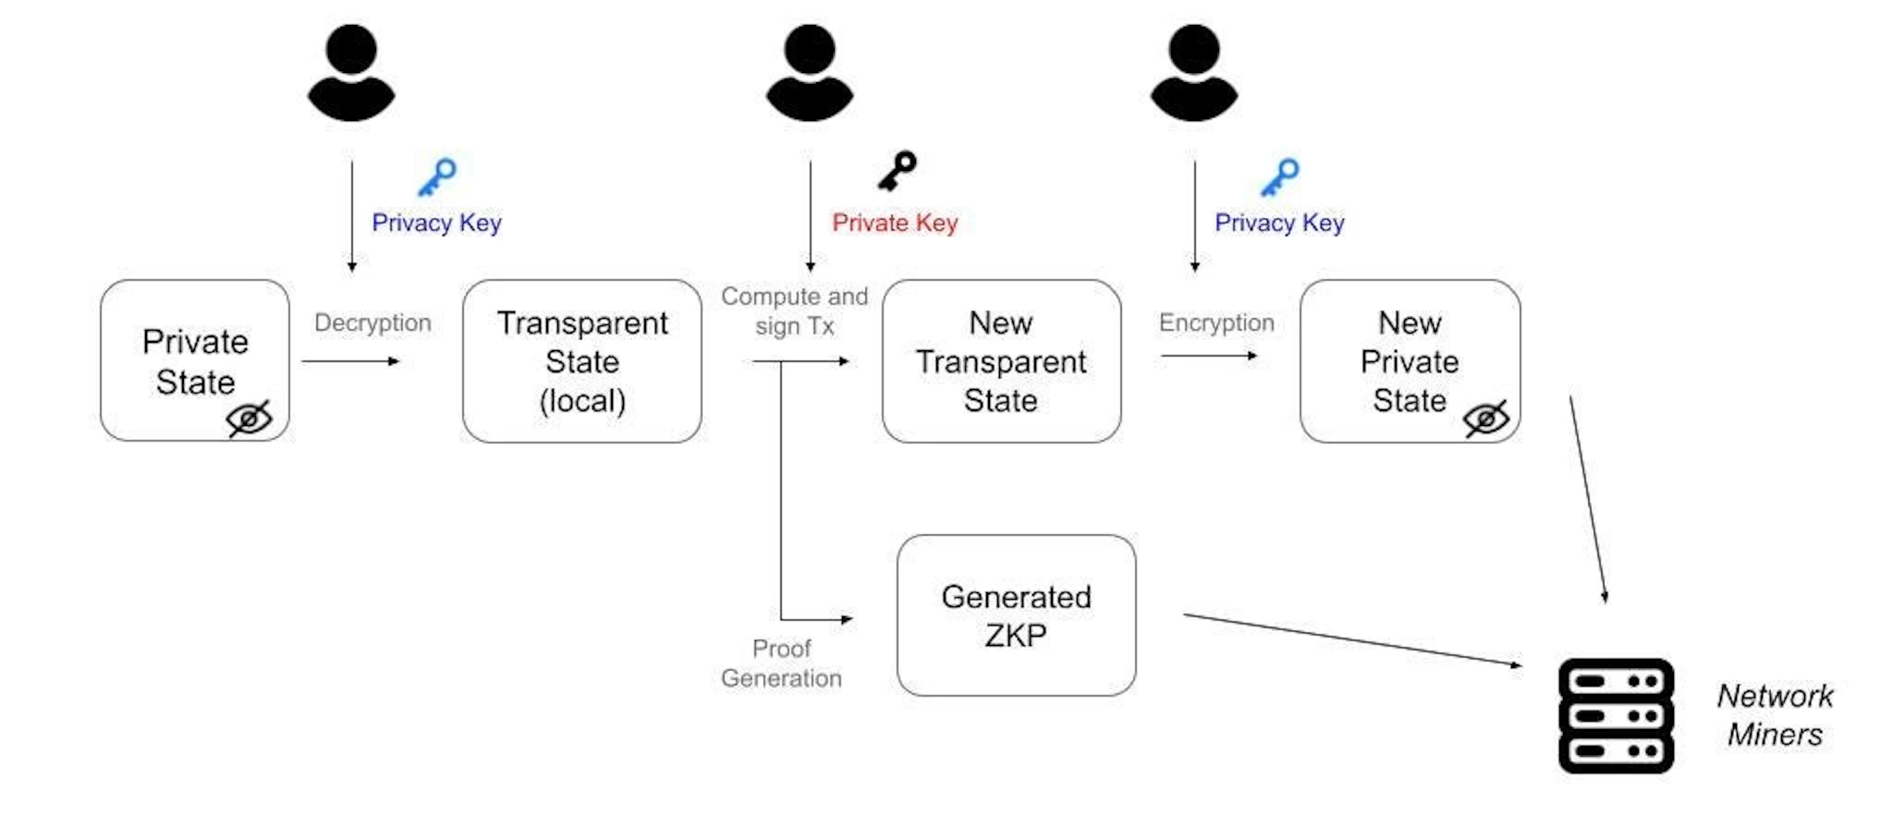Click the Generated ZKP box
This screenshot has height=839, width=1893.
(1016, 615)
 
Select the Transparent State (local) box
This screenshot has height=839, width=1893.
(581, 361)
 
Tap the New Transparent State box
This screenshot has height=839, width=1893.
(1001, 361)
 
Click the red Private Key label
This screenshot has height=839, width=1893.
(895, 223)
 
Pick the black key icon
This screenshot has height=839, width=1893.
(897, 171)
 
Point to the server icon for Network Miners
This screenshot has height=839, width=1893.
(1616, 715)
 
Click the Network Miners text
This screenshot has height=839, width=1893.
(1775, 714)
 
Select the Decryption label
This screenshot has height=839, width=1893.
(372, 322)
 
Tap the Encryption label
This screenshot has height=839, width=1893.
(1216, 322)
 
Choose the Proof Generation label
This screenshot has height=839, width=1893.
(781, 663)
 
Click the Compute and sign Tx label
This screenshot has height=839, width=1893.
(795, 310)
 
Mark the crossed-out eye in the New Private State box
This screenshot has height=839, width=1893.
(1486, 419)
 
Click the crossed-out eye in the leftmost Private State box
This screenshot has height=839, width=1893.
(249, 419)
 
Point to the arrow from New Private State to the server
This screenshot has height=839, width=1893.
(1587, 499)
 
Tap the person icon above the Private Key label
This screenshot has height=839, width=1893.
(810, 72)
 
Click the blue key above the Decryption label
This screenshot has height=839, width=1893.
(436, 176)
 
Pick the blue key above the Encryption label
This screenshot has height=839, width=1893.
(1280, 176)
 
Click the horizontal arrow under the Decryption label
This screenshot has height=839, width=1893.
(350, 361)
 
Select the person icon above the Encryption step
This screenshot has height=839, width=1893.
(1193, 72)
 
